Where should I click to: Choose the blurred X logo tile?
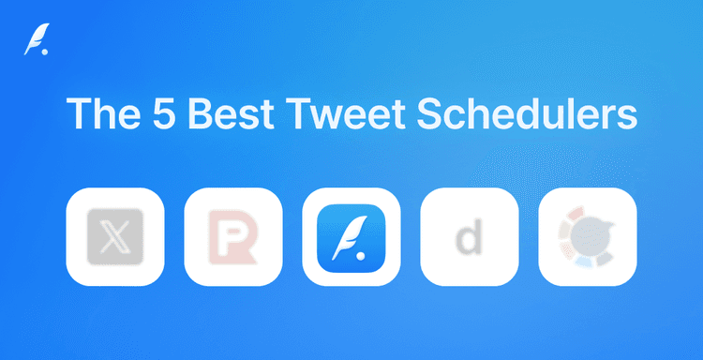115,236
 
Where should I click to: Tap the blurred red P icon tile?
233,236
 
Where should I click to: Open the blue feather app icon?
351,236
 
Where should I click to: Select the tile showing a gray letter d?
470,236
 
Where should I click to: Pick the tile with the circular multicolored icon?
588,236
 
